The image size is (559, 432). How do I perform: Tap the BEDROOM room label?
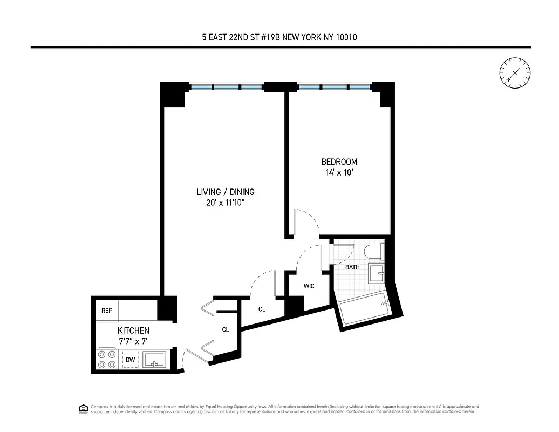[x=339, y=161]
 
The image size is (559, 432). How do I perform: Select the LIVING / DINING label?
[x=225, y=192]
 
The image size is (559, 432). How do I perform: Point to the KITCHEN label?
[x=133, y=330]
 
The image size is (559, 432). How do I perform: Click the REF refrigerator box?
[x=107, y=311]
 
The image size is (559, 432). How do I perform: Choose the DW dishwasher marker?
[x=131, y=359]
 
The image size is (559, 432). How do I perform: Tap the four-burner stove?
[x=107, y=360]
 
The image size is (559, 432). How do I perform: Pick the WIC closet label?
[x=309, y=286]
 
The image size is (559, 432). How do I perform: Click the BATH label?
[x=352, y=267]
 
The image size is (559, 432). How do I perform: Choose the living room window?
[x=226, y=86]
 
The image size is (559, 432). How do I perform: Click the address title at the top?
[x=279, y=37]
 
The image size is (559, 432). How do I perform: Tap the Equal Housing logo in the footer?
[x=83, y=408]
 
